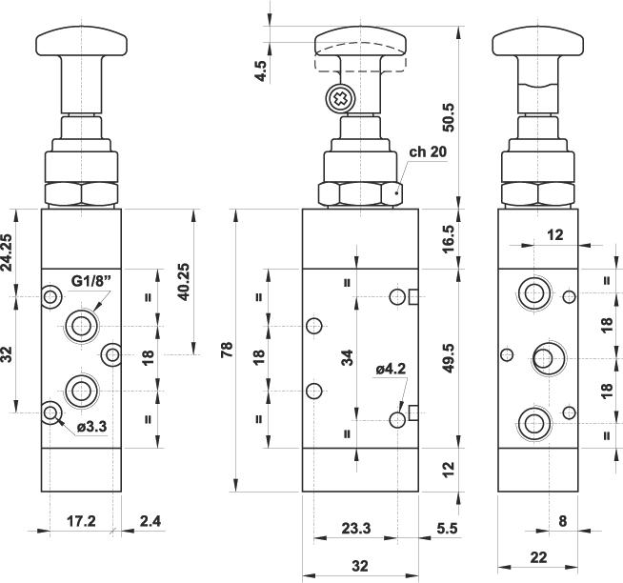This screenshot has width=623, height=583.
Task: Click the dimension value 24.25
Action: point(8,251)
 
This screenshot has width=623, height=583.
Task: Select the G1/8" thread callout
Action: point(91,281)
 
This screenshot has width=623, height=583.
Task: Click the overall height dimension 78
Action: point(226,352)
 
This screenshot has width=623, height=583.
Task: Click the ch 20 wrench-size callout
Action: point(428,151)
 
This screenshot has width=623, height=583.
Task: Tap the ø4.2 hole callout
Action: point(392,368)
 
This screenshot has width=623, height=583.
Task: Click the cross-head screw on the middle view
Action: point(338,97)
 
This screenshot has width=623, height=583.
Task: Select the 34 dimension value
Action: point(349,359)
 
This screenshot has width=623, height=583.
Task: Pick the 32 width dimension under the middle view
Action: point(359,566)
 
